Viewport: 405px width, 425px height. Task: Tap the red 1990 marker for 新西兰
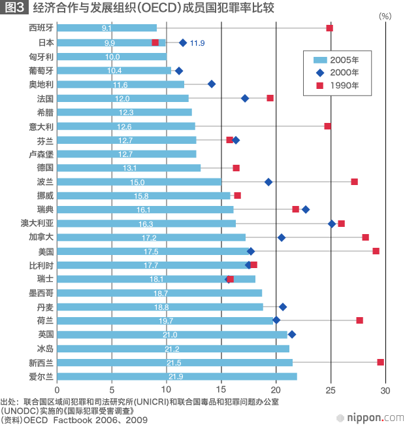(380, 362)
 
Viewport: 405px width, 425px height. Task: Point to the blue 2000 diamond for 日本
(183, 42)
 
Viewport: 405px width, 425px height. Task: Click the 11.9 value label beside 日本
(197, 42)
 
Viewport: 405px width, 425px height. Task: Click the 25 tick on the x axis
(331, 390)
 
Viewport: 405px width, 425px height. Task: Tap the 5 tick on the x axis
(112, 390)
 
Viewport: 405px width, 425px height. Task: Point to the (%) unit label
(385, 15)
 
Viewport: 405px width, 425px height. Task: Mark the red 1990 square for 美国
(376, 251)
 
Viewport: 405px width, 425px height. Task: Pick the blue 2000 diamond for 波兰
(268, 182)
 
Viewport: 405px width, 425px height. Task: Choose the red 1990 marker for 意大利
(328, 126)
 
